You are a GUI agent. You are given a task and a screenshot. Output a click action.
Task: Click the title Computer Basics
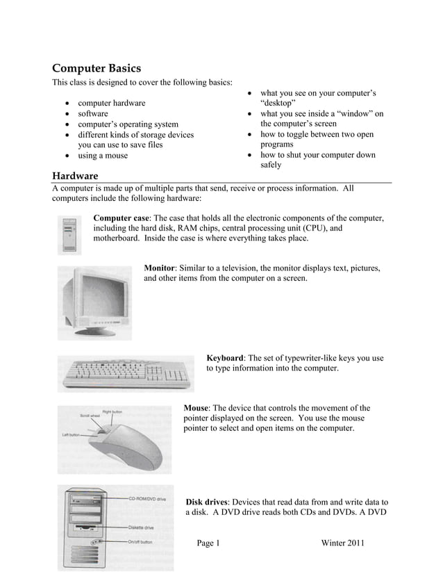point(97,68)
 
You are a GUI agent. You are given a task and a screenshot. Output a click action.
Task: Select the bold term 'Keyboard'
point(225,359)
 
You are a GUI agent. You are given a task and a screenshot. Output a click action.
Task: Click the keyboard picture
point(126,374)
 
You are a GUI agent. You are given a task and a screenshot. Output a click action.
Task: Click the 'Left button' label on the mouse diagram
point(72,434)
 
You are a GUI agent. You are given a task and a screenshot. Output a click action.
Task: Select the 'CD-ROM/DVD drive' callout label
point(147,499)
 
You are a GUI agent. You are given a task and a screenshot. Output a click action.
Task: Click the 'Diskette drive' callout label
point(142,527)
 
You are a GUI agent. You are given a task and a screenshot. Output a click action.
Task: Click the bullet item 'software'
point(92,113)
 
